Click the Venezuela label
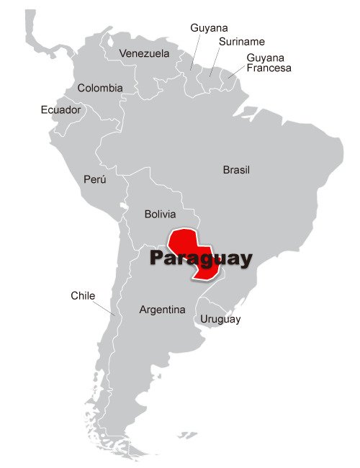point(144,53)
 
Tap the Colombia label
point(100,88)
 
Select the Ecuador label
point(60,110)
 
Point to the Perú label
point(94,179)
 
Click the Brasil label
point(236,170)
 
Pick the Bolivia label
point(160,214)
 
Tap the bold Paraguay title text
point(201,258)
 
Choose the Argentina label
point(162,310)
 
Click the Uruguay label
point(220,319)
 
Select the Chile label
point(83,295)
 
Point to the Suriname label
point(242,42)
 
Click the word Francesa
point(269,68)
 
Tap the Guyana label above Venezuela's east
point(209,27)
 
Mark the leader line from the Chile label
point(105,307)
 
